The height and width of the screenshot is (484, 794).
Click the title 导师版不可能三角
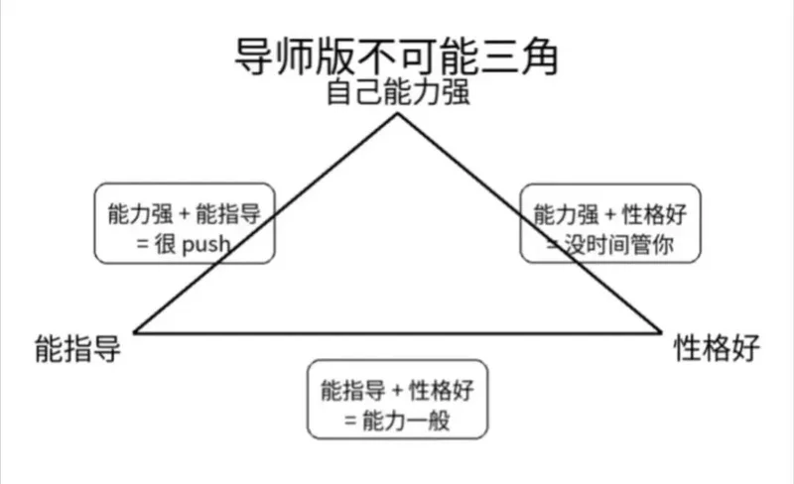(x=396, y=57)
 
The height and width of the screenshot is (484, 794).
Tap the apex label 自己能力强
(x=398, y=92)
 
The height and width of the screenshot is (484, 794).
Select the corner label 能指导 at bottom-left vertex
(x=77, y=348)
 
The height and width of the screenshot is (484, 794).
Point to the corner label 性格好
(x=717, y=348)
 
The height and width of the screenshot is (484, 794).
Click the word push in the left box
(x=206, y=245)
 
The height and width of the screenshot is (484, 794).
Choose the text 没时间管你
(x=618, y=245)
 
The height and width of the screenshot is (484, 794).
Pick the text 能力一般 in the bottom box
(x=406, y=421)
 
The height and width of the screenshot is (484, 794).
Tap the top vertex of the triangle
(x=398, y=114)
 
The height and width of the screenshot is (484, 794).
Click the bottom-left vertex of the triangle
(x=134, y=332)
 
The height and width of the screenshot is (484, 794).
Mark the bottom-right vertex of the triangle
(x=661, y=332)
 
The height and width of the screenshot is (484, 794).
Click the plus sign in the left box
(x=185, y=214)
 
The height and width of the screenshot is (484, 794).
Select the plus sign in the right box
(x=610, y=214)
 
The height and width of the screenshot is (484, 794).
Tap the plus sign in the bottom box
(x=398, y=391)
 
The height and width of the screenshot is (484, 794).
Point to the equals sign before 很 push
(x=142, y=245)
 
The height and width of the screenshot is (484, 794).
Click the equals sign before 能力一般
(x=350, y=421)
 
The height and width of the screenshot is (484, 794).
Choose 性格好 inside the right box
(x=654, y=214)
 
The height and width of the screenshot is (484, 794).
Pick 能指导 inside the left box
(x=228, y=214)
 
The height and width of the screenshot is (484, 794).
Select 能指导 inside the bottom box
(x=353, y=391)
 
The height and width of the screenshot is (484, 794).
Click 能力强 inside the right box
(x=566, y=214)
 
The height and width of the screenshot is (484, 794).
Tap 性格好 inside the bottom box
(x=441, y=391)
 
